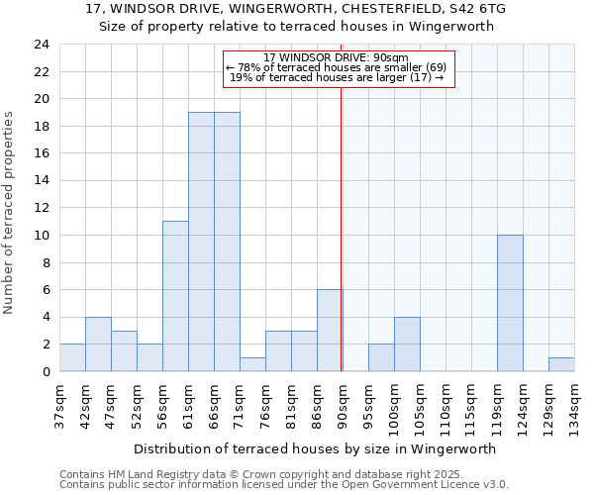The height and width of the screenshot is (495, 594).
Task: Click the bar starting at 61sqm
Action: (201, 242)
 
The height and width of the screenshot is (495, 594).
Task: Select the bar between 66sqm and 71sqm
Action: (227, 242)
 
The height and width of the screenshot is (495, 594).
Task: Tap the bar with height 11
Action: (175, 296)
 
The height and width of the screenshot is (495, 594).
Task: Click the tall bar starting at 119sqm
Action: (510, 303)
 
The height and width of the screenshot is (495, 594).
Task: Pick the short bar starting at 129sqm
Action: (561, 364)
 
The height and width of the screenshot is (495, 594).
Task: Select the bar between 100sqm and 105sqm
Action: (407, 344)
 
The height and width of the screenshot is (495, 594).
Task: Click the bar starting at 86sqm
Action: (330, 331)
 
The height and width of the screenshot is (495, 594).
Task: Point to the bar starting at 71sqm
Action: (252, 364)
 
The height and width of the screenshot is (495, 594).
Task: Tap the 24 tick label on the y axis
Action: (41, 45)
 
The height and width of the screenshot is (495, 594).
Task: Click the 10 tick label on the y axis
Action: (41, 236)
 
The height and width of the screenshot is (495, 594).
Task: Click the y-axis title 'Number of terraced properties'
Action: (10, 212)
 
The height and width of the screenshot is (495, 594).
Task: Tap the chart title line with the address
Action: (296, 9)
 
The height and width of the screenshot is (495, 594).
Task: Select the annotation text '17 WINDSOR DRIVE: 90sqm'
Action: (337, 57)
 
